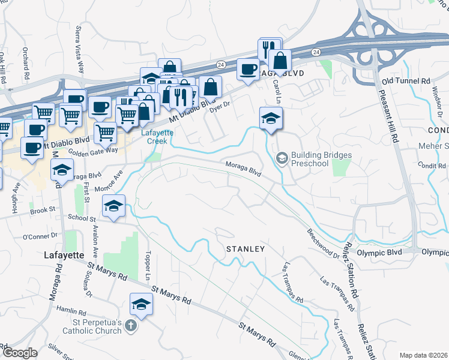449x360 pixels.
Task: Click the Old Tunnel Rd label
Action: [x=406, y=80]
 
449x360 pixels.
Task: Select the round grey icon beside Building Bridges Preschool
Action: [x=281, y=158]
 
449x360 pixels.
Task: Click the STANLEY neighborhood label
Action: [x=245, y=248]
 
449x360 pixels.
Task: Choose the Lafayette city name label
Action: [x=64, y=254]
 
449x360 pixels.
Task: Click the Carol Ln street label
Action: [x=277, y=91]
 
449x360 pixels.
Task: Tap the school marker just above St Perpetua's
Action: [x=141, y=304]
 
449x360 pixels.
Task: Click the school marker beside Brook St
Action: [x=113, y=206]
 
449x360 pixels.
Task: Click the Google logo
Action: [x=19, y=353]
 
